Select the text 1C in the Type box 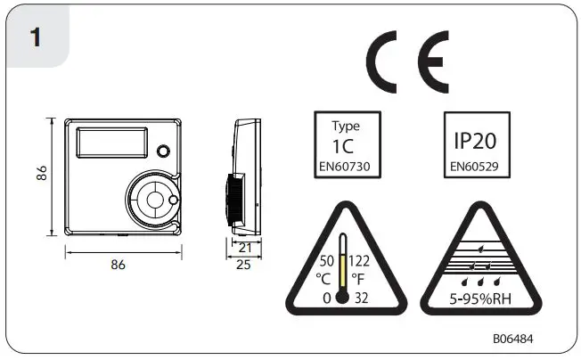pyautogui.click(x=347, y=145)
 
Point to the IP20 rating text pyautogui.click(x=476, y=142)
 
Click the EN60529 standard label pyautogui.click(x=476, y=165)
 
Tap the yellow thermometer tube pyautogui.click(x=342, y=262)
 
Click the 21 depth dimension pyautogui.click(x=243, y=247)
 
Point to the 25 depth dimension pyautogui.click(x=243, y=265)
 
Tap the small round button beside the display pyautogui.click(x=163, y=150)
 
